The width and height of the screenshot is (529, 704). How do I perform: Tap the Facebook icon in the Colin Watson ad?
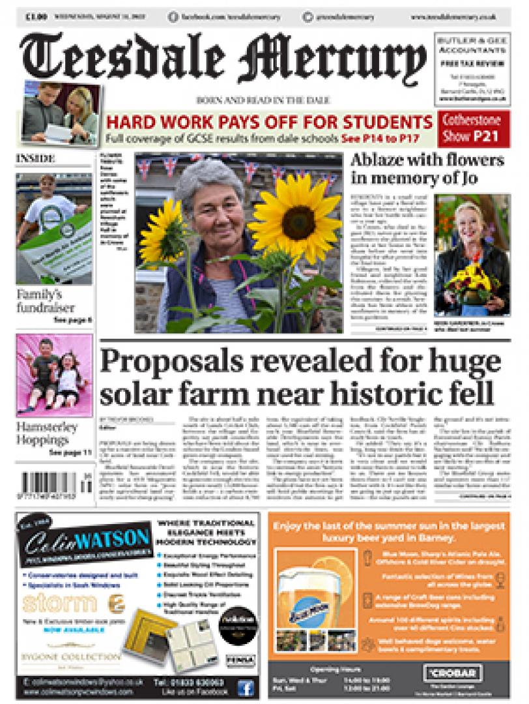tap(246, 688)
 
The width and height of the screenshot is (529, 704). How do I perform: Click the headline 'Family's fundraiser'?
tap(46, 301)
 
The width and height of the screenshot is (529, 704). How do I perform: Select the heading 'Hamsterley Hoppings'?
tap(47, 433)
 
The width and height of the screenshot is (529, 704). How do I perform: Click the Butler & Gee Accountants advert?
tap(470, 68)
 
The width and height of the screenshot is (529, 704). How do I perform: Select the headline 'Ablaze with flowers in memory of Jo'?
tap(427, 169)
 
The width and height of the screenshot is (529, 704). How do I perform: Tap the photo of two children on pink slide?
tap(46, 374)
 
